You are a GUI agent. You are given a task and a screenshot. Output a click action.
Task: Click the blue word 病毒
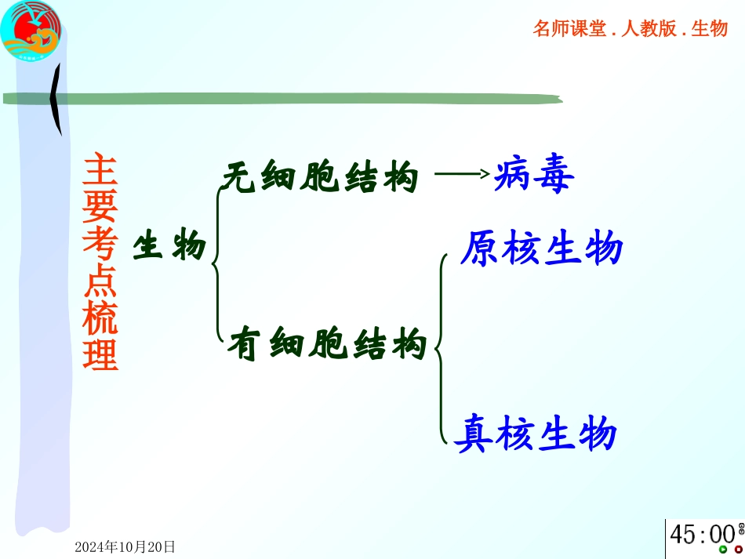click(535, 176)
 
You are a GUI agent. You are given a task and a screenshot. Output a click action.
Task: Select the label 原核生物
click(541, 249)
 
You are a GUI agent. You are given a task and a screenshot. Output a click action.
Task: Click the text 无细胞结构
click(319, 178)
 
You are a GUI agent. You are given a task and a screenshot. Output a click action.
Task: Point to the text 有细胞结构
click(327, 344)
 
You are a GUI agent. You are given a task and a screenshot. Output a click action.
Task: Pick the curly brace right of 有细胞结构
click(441, 345)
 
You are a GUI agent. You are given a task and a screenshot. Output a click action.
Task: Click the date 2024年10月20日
click(125, 547)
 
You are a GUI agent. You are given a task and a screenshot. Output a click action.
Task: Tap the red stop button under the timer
click(738, 550)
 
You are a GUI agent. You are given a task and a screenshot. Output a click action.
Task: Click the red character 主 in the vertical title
click(101, 169)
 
